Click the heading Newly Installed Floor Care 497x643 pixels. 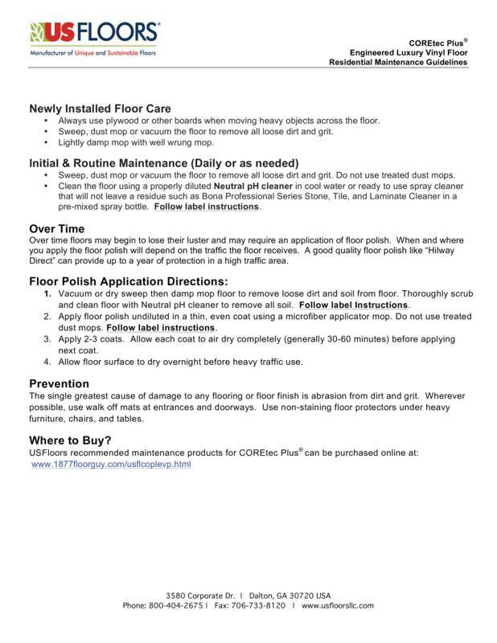click(x=100, y=109)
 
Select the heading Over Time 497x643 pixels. click(x=56, y=229)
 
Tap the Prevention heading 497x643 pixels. click(x=59, y=383)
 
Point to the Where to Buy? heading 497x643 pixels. click(x=70, y=440)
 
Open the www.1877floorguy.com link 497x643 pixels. click(x=111, y=465)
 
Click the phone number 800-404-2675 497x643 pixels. click(x=175, y=604)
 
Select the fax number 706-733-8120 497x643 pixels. click(x=259, y=604)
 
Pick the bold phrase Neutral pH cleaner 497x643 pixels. click(x=255, y=186)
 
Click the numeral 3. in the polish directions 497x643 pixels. click(x=48, y=339)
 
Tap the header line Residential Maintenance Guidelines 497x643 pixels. click(x=398, y=62)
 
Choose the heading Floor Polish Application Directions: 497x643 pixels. click(x=129, y=281)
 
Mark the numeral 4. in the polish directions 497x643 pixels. click(x=48, y=362)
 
